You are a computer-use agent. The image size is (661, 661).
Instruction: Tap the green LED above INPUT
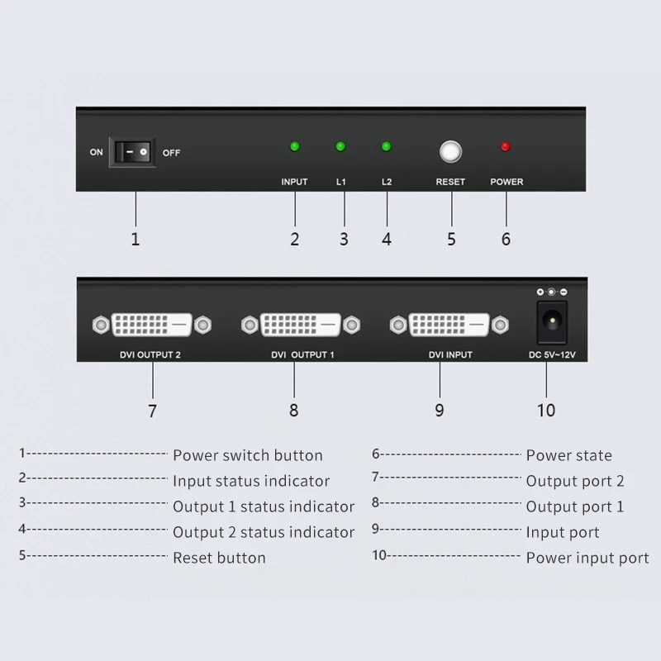coord(295,147)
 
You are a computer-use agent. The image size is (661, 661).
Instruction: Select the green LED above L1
coord(340,147)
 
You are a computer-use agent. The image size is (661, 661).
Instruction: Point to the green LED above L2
coord(386,147)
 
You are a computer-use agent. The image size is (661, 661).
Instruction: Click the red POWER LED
coord(505,147)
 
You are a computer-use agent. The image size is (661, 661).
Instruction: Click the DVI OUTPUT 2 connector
coord(151,324)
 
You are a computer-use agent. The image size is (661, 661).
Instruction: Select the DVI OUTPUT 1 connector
coord(300,324)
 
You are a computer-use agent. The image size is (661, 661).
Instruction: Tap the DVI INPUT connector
coord(449,324)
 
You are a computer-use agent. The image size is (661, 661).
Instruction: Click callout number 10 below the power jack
coord(545,410)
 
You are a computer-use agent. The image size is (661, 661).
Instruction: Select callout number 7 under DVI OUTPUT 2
coord(152,410)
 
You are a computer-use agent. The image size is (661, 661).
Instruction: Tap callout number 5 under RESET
coord(451,239)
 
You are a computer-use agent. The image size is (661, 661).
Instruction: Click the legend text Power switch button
coord(247,455)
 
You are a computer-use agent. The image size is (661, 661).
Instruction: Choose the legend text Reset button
coord(219,558)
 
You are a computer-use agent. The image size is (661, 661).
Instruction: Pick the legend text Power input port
coord(587,558)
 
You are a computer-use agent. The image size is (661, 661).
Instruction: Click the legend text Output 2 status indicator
coord(263,532)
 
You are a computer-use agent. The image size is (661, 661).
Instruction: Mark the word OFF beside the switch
coord(171,153)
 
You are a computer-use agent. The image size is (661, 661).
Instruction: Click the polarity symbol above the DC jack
coord(551,292)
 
